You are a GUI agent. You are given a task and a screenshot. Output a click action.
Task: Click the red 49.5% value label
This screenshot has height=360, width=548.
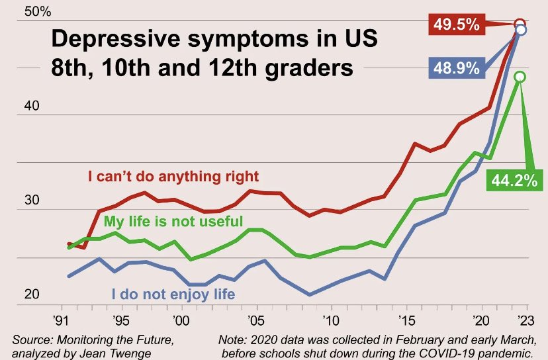457,25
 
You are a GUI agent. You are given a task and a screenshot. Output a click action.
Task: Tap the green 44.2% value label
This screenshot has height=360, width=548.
514,179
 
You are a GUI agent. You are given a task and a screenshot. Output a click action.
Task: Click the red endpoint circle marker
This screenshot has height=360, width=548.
520,24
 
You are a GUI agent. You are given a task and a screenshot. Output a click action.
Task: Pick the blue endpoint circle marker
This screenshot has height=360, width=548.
521,30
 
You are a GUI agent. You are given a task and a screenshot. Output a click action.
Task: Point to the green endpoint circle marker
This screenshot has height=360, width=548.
520,77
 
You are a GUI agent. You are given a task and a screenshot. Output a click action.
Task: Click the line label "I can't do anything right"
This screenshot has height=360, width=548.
173,177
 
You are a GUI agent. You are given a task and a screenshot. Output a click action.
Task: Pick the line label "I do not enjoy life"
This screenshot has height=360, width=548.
173,293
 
